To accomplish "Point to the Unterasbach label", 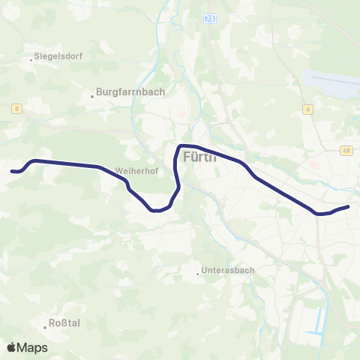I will coord(229,271).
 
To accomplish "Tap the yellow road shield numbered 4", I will coord(307,109).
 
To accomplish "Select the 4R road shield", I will coord(346,150).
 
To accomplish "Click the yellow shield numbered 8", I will coord(16,109).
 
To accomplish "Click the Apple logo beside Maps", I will coord(11,347).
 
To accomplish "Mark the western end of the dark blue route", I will coord(11,172).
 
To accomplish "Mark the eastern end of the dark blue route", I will coord(349,206).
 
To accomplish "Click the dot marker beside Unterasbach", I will coord(199,271).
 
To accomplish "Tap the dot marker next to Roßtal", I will coord(45,325).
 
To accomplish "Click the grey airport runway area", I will coord(331,82).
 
